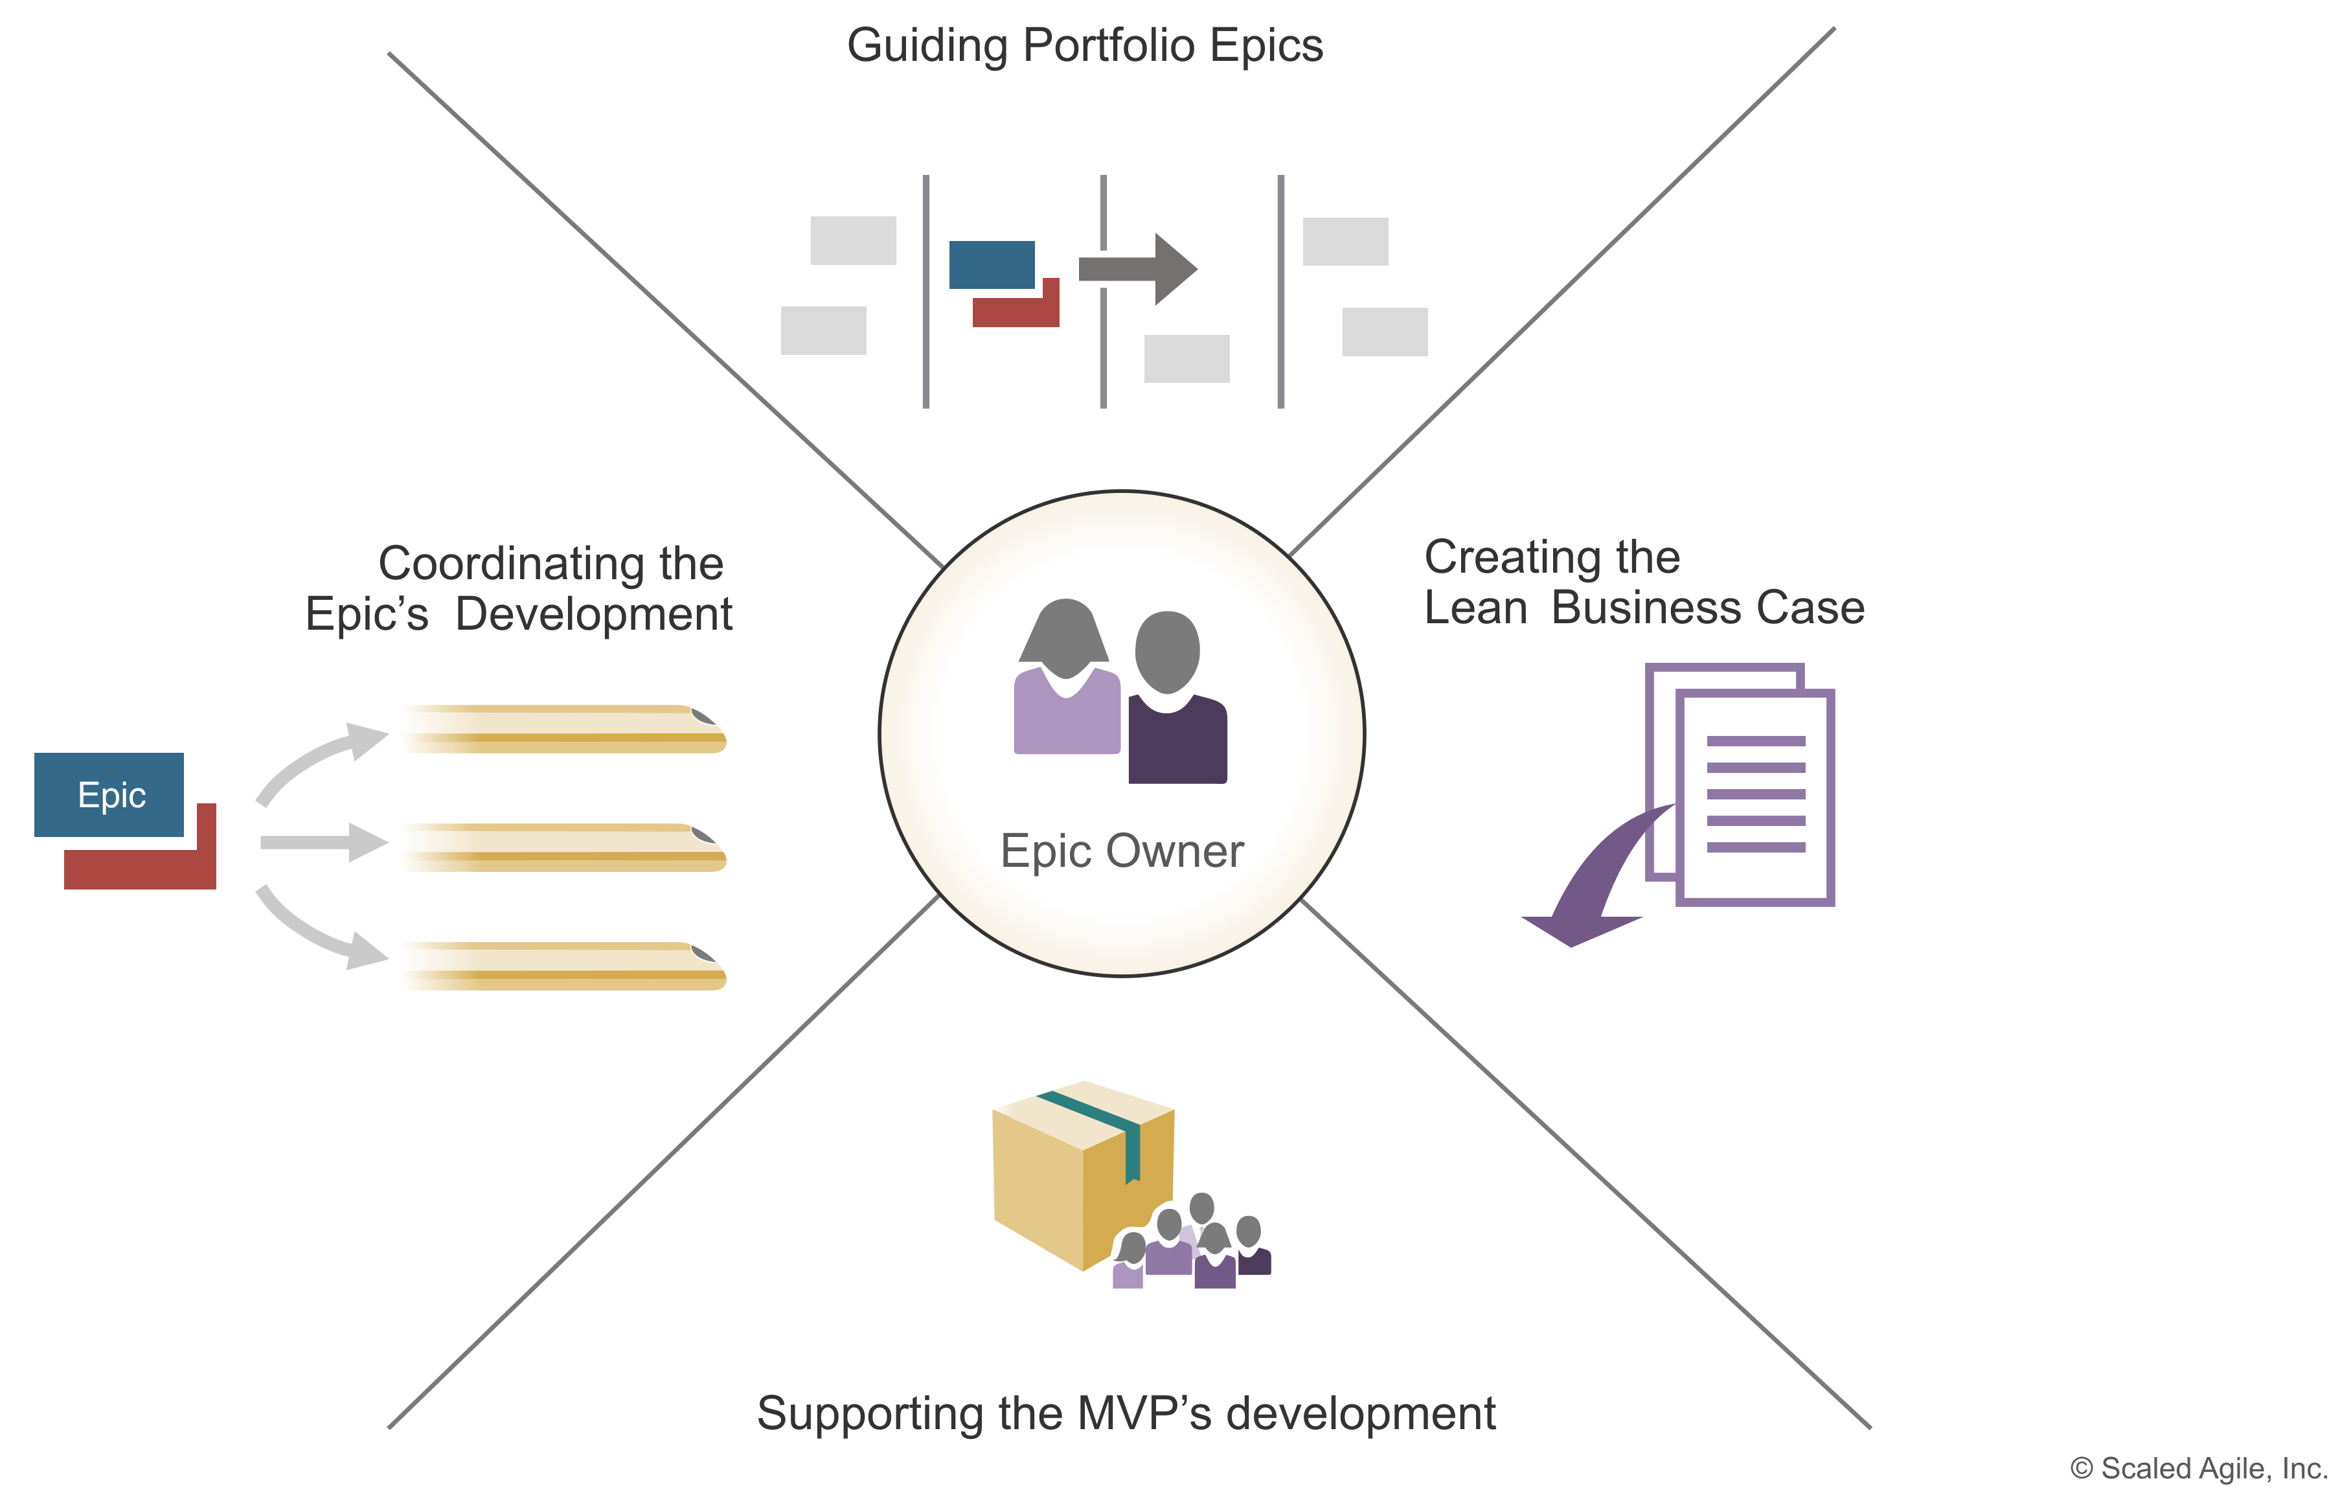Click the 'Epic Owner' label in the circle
click(1122, 851)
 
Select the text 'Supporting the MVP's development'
click(1126, 1413)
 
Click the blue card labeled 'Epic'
click(109, 795)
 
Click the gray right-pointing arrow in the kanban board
click(1142, 269)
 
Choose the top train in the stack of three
click(562, 729)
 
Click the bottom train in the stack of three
click(562, 966)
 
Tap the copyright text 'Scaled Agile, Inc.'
click(2199, 1468)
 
